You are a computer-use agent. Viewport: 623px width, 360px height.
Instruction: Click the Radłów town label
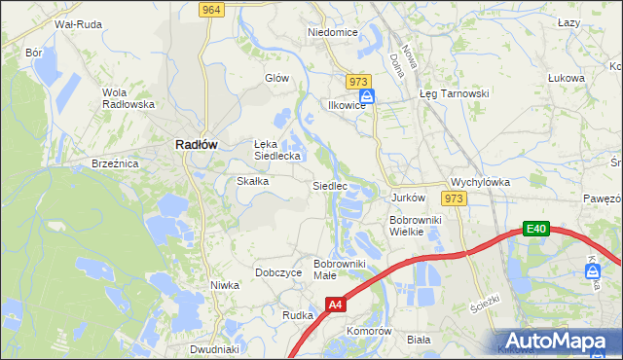pyautogui.click(x=195, y=143)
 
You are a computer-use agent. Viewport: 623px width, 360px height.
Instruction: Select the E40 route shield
pyautogui.click(x=535, y=229)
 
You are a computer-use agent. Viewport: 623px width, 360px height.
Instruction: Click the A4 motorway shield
pyautogui.click(x=335, y=305)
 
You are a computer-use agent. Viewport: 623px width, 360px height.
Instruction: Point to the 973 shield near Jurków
pyautogui.click(x=453, y=198)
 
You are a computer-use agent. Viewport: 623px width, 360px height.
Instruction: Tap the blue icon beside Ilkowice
pyautogui.click(x=367, y=97)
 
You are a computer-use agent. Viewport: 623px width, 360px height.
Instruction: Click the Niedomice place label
pyautogui.click(x=333, y=32)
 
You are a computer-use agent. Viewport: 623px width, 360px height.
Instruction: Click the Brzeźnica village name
pyautogui.click(x=115, y=164)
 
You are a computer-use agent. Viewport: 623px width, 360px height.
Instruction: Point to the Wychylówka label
pyautogui.click(x=480, y=182)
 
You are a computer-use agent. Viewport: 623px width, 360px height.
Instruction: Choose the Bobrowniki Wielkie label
pyautogui.click(x=416, y=226)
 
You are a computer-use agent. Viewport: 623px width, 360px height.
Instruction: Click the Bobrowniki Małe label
pyautogui.click(x=338, y=270)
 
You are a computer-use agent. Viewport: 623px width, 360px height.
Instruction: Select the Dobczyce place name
pyautogui.click(x=277, y=272)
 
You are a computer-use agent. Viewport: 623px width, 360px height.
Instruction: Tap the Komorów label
pyautogui.click(x=369, y=331)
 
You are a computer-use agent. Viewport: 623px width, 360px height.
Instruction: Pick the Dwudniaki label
pyautogui.click(x=214, y=349)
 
